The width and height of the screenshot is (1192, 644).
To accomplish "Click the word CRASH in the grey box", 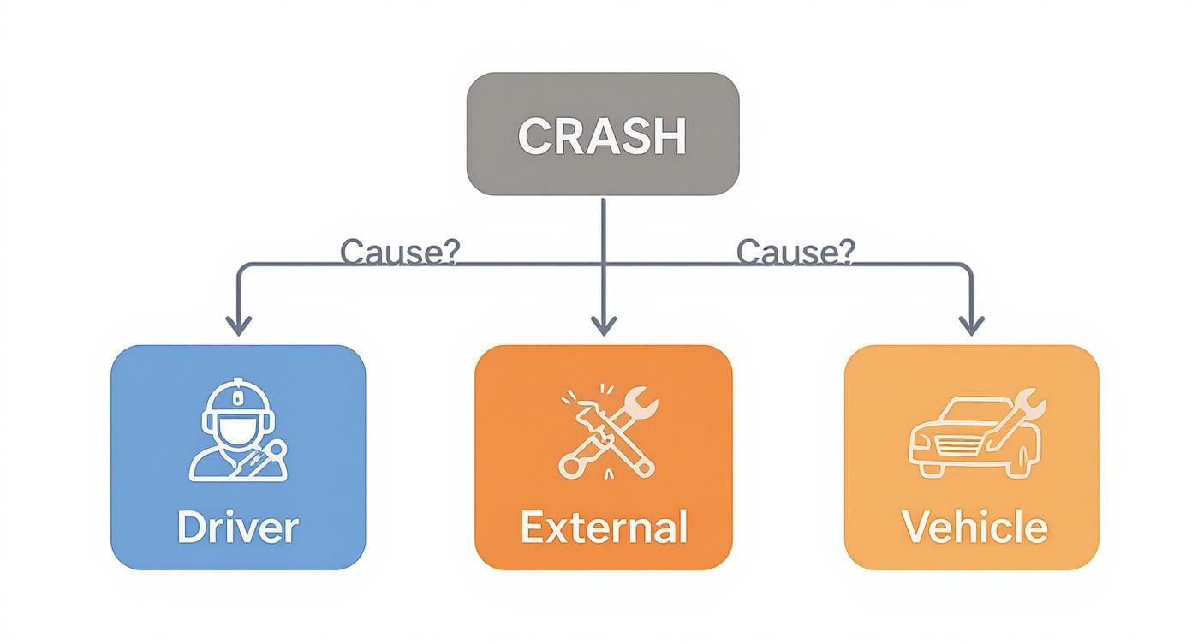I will pos(602,136).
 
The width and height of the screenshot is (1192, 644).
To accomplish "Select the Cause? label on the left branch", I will pos(399,252).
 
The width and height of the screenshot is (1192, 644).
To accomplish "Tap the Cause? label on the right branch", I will pos(796,252).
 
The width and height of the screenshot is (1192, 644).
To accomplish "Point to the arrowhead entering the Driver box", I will pos(238,325).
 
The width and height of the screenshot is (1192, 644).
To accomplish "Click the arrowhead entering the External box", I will pos(604,325).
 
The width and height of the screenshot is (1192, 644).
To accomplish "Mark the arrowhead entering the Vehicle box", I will pos(970,325).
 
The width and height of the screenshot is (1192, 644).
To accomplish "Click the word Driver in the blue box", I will pos(237,527).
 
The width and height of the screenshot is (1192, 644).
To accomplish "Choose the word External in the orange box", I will pos(604,527).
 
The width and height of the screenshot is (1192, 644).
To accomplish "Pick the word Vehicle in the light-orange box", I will pos(974,527).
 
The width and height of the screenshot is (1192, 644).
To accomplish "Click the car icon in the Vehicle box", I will pos(963,438).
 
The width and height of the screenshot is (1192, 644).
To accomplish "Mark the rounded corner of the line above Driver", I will pos(241,269).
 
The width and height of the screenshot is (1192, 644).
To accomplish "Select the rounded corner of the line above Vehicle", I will pos(967,269).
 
